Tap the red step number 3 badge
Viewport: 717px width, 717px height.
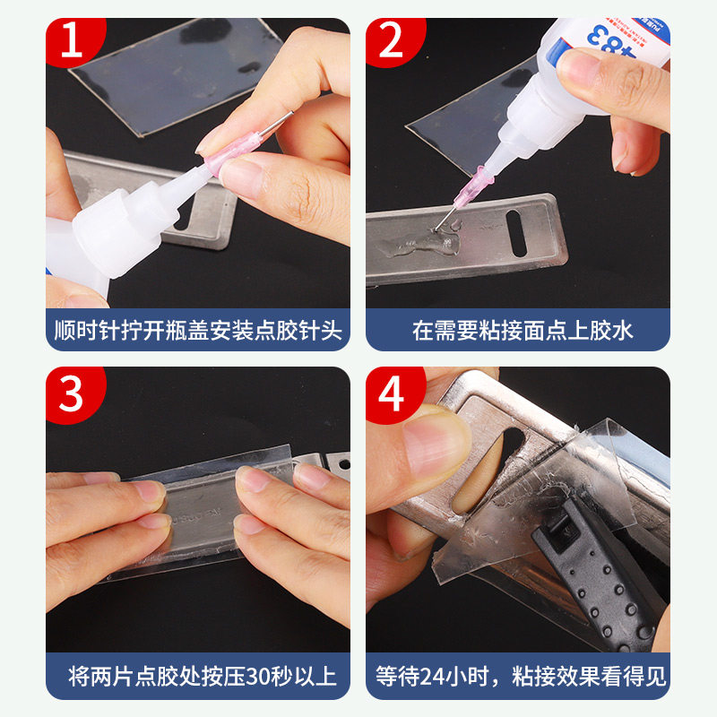coord(73,393)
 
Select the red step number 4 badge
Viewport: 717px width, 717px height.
coord(393,393)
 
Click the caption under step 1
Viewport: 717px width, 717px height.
coord(198,330)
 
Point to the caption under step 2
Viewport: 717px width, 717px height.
coord(523,330)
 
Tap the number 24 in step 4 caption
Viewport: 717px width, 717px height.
coord(432,677)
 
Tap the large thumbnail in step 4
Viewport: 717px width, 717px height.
coord(436,444)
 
